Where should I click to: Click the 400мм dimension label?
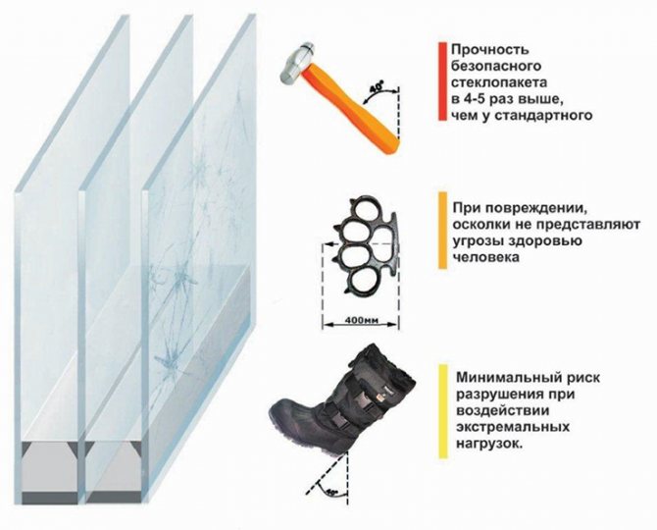coord(361,321)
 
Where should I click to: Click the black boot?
coord(343,400)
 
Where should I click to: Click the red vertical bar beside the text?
coord(442,81)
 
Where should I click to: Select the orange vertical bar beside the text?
coord(442,231)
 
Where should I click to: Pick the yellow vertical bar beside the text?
coord(442,411)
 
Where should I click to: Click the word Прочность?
coord(484,49)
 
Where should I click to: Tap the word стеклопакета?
coord(499,82)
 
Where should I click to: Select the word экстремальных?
coord(513,427)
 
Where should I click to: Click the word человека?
coord(486,256)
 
